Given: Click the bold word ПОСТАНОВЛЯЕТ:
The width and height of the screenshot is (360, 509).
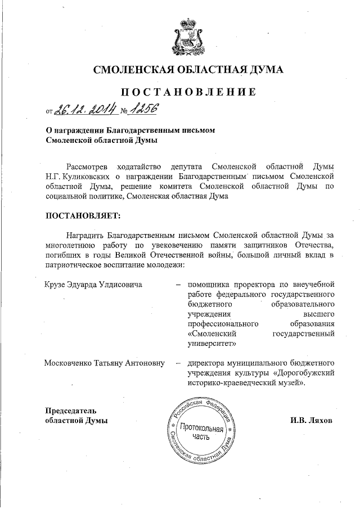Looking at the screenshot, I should point(82,215).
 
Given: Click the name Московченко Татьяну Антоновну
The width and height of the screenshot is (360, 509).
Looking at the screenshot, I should point(105,363).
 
